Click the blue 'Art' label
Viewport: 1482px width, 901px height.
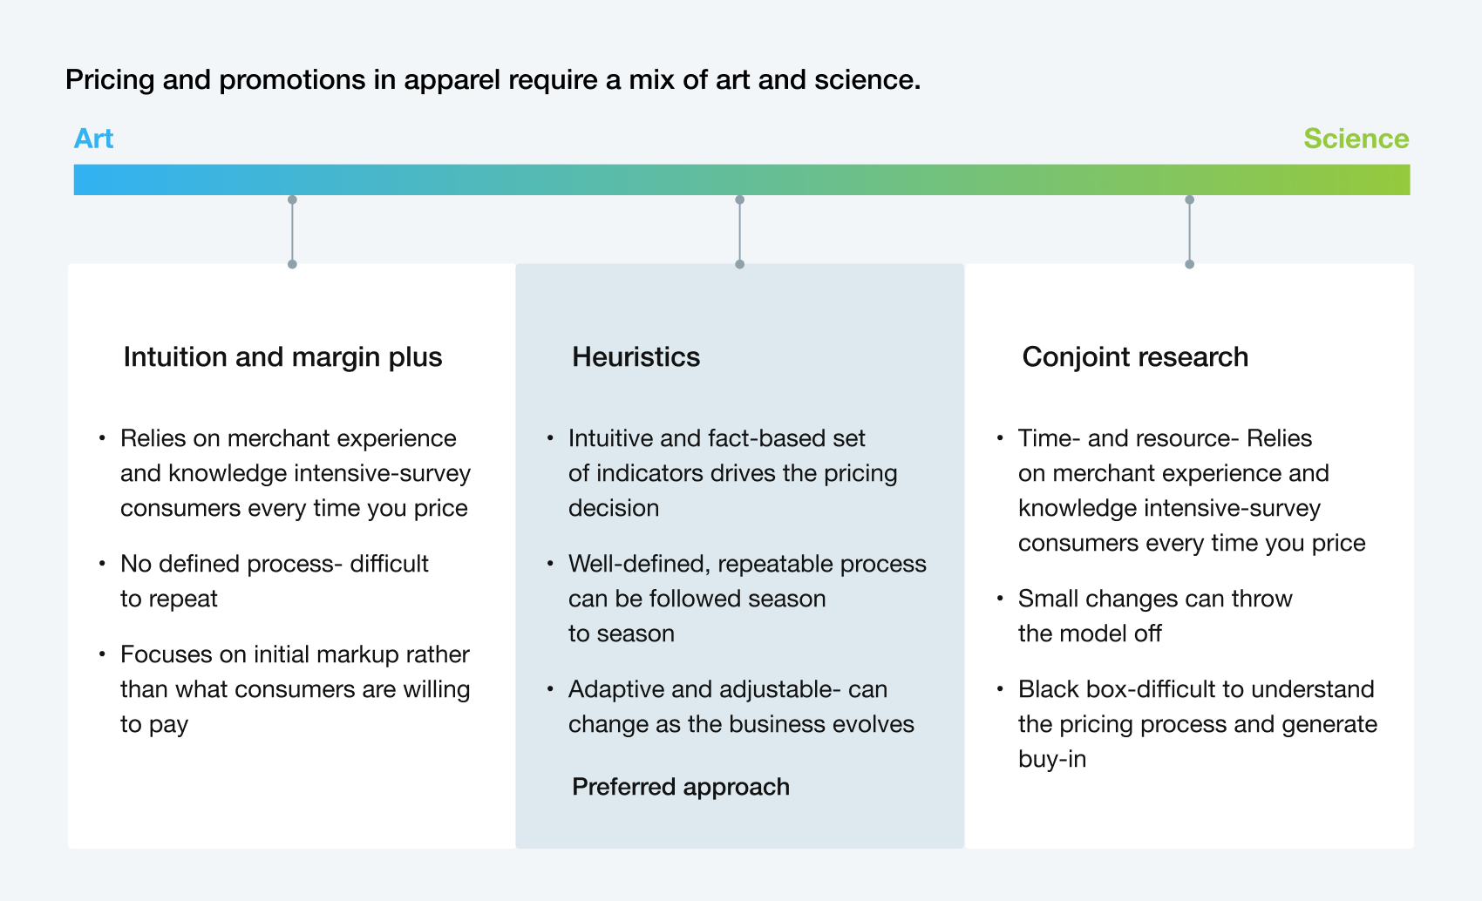(x=93, y=139)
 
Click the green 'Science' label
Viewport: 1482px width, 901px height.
(x=1356, y=139)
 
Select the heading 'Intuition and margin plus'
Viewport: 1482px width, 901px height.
(x=282, y=357)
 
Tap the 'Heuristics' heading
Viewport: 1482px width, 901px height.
(x=636, y=356)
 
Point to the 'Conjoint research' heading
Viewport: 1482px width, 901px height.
(x=1135, y=357)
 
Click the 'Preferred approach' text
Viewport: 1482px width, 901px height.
(x=681, y=787)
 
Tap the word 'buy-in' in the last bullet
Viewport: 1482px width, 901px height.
(x=1052, y=760)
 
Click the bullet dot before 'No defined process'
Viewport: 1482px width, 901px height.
(x=102, y=564)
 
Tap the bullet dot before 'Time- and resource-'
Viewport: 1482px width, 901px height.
(x=1000, y=438)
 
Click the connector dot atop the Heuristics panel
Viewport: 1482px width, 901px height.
(x=739, y=265)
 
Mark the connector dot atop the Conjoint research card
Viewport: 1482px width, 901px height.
(x=1190, y=265)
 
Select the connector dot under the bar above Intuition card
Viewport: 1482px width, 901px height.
(x=292, y=200)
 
